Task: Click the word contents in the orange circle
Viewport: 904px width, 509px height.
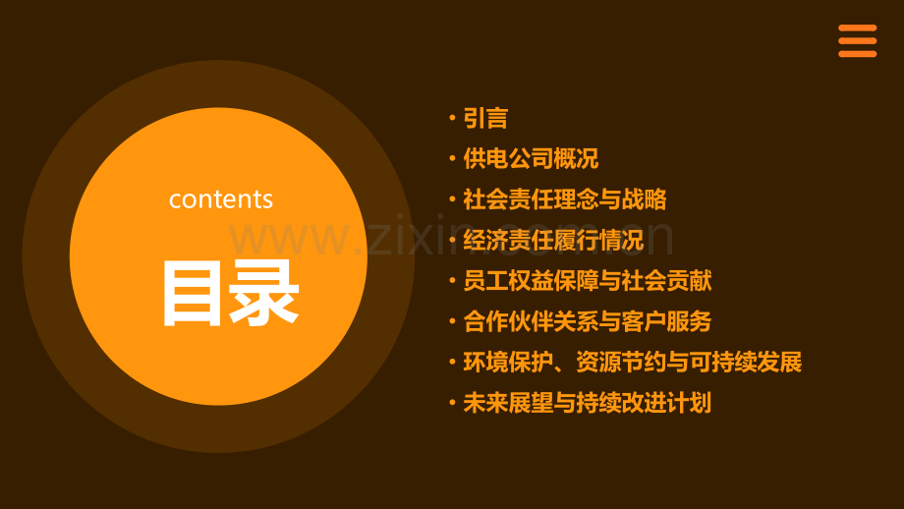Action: coord(221,199)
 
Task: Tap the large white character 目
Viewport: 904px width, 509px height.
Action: coord(192,293)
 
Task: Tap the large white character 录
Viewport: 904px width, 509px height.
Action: coord(264,293)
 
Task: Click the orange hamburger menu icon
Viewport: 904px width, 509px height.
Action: coord(857,41)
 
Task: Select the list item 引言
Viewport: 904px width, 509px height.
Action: coord(485,118)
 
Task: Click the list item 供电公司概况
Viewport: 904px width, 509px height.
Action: coord(531,158)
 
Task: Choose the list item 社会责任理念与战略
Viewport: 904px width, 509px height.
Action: coord(565,199)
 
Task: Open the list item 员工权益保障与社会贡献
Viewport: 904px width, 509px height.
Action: coord(588,281)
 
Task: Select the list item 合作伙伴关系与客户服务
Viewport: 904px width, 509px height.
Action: coord(588,321)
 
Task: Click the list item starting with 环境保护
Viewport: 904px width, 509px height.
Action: coord(633,362)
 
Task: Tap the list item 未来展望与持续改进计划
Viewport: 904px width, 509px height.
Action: coord(588,403)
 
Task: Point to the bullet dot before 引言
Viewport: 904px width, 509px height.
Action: coord(453,118)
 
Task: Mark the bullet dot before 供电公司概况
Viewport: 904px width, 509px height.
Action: coord(453,158)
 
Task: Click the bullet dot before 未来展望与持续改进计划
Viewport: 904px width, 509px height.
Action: coord(453,402)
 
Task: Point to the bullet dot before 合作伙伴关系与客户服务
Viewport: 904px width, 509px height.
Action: coord(453,321)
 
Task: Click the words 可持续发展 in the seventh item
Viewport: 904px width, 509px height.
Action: coord(746,362)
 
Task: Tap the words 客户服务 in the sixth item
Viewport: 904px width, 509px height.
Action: coord(667,321)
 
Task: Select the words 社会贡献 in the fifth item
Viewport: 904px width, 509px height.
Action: coord(667,281)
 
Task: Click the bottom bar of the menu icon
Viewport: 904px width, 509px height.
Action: coord(857,54)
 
